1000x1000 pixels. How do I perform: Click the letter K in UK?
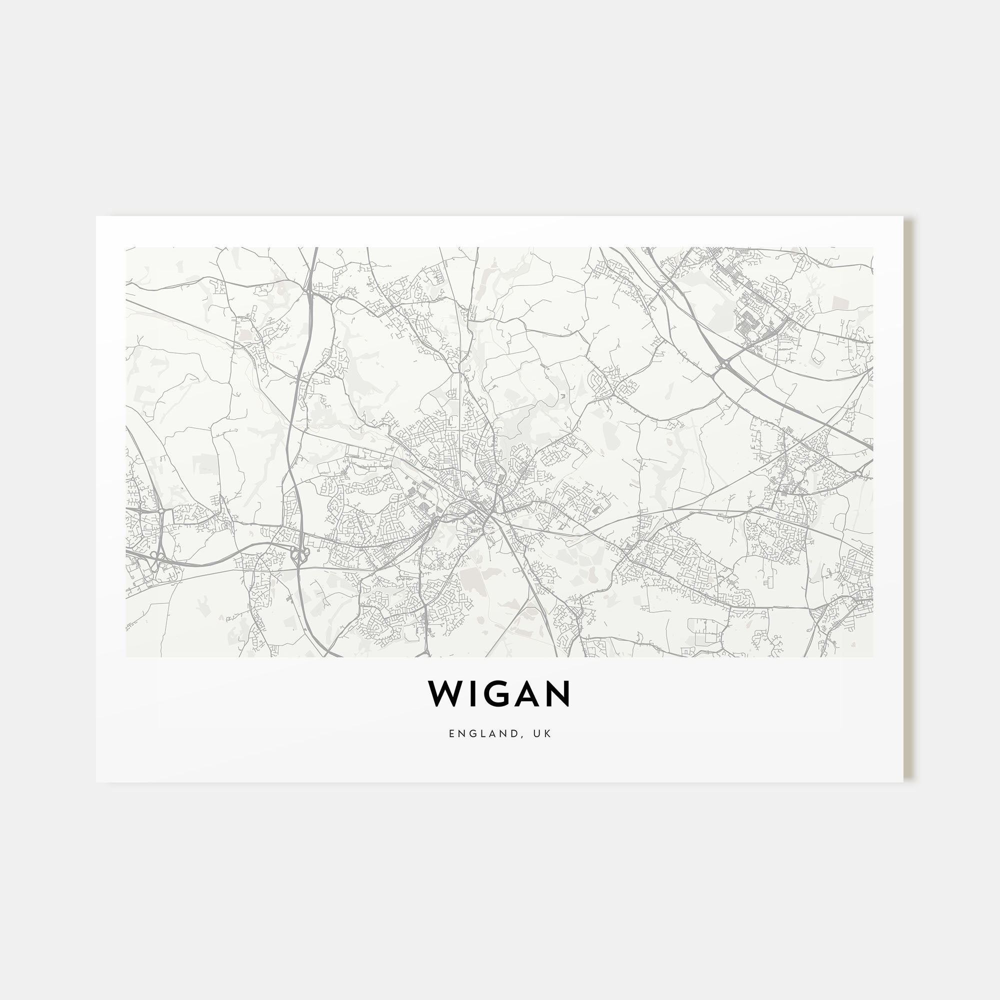point(549,733)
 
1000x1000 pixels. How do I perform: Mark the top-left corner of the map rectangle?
point(126,247)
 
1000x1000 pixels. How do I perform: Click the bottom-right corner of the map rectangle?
point(873,657)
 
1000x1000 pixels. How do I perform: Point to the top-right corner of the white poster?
point(903,216)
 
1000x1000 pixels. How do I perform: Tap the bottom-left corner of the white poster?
point(96,782)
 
